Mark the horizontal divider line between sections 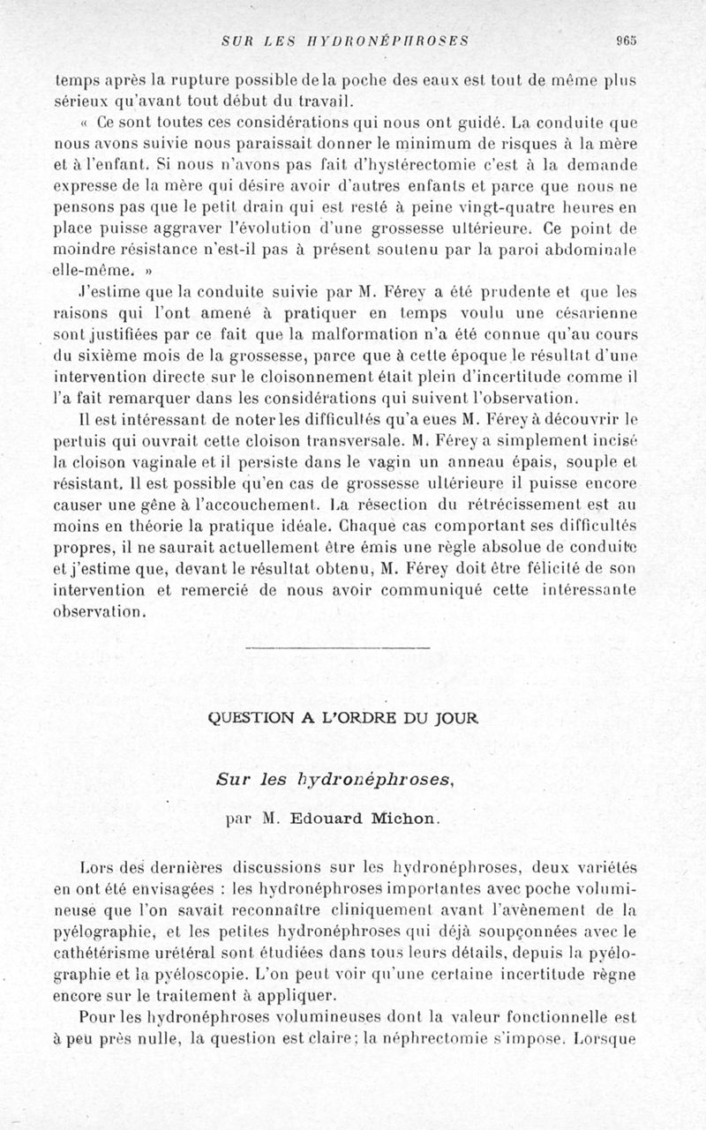(x=338, y=649)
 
